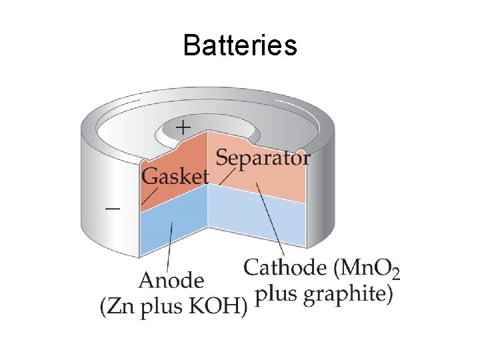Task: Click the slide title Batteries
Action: (239, 46)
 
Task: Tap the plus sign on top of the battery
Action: (182, 126)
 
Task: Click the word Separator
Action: (263, 159)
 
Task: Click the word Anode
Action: (172, 279)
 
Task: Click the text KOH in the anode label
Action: (221, 307)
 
